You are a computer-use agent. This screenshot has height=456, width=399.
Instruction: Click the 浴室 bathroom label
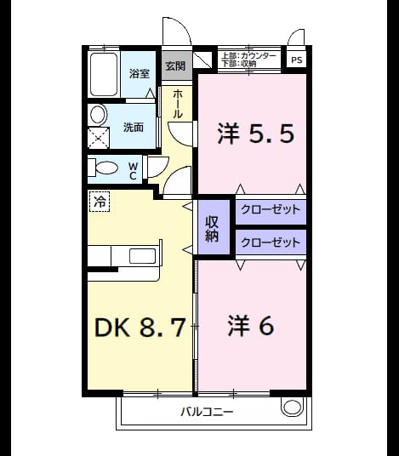pos(140,73)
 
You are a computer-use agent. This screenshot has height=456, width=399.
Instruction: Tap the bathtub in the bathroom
pos(104,75)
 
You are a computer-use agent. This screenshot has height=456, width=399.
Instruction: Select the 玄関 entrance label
pos(175,66)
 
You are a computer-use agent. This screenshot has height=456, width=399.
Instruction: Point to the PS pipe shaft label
pos(297,60)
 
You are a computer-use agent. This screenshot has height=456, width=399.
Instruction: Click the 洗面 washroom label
pos(134,128)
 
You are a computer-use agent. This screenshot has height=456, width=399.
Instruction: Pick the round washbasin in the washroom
pos(99,114)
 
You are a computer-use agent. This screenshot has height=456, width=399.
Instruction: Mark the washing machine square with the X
pos(99,138)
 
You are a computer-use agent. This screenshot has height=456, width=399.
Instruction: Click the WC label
pos(133,171)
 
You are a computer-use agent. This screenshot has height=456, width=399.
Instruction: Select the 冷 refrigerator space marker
pos(100,202)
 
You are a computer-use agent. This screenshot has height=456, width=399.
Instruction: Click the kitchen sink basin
pos(142,256)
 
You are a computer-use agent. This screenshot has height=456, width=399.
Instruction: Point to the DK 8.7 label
pos(140,328)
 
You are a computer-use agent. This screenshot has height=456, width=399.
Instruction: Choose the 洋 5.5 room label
pos(255,134)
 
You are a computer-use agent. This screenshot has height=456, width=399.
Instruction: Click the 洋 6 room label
pos(251,326)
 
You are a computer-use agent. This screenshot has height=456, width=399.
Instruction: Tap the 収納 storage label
pos(212,229)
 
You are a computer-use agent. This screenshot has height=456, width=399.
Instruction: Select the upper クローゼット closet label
pos(271,209)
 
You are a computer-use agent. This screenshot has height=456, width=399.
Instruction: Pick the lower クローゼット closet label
pos(271,242)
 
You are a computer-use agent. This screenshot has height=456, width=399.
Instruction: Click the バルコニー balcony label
pos(207,412)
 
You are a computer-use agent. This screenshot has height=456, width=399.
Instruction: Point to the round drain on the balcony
pos(291,407)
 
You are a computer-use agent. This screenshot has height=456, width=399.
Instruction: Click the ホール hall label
pos(178,104)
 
